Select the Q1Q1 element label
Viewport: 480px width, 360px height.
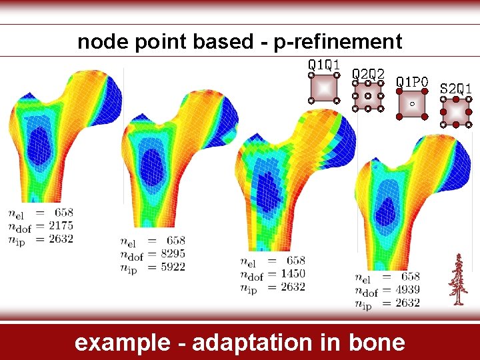click(x=323, y=65)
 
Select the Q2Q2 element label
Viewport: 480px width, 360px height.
click(x=367, y=73)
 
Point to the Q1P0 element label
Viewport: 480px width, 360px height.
click(x=412, y=81)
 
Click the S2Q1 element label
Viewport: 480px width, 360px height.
click(x=457, y=88)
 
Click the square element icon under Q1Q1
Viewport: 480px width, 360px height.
click(x=323, y=88)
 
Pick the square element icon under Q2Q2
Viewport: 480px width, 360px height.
click(x=367, y=97)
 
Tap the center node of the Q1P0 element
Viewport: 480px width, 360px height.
click(x=412, y=104)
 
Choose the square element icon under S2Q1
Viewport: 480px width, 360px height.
click(x=457, y=111)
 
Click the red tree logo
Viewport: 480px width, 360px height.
click(x=457, y=280)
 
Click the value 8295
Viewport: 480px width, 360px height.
click(x=172, y=253)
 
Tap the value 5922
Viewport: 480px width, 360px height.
click(x=172, y=267)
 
